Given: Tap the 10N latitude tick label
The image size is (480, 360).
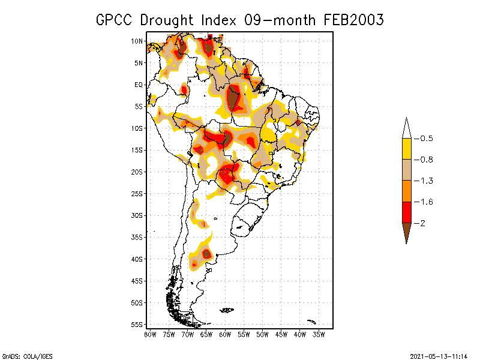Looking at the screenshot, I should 137,41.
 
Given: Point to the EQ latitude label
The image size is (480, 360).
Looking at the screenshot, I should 138,85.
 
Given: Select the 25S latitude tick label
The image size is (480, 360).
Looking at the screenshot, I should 137,193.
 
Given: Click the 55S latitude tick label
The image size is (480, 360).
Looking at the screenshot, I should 137,324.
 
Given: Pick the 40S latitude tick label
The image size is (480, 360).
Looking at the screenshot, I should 137,259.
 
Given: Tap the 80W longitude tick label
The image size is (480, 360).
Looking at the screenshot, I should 150,334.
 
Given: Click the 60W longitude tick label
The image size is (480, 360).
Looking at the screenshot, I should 225,334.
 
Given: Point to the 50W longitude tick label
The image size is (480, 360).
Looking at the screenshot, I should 262,334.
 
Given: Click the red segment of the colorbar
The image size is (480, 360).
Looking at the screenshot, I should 406,212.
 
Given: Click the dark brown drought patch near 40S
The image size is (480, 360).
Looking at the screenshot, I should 207,254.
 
